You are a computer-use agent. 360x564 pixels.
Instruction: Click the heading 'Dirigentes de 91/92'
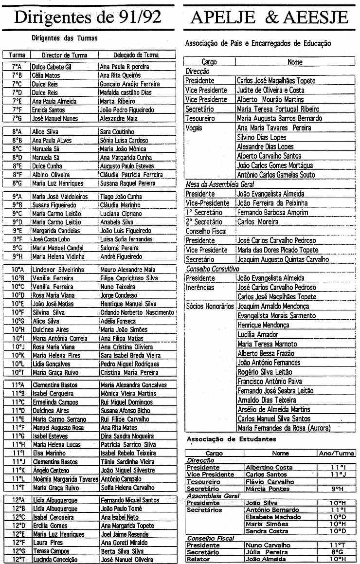88,17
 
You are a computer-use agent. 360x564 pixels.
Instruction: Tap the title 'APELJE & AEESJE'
270,17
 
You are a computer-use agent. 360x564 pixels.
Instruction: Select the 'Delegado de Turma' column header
136,55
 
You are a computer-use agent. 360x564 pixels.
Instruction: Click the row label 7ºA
17,67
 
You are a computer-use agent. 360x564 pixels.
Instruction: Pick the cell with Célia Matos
46,75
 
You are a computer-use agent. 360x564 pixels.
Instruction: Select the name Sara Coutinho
117,131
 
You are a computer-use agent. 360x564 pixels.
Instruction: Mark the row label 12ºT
17,560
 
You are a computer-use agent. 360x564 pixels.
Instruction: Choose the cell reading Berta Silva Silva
122,551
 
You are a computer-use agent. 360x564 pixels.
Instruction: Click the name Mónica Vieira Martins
128,393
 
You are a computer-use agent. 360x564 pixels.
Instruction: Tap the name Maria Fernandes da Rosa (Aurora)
284,428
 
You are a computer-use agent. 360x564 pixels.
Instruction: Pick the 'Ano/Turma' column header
336,453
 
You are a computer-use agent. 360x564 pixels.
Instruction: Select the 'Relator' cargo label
198,560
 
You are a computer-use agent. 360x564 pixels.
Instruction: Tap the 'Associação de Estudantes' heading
231,439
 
